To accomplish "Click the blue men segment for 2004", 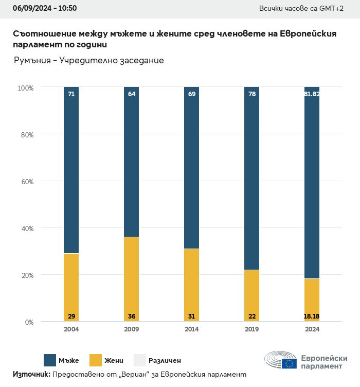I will tap(71, 170).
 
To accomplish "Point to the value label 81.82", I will tap(312, 94).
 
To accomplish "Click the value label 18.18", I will tap(312, 316).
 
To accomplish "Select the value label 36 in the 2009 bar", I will tap(131, 316).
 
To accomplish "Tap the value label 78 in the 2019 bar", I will tap(251, 94).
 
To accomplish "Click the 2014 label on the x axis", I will tap(191, 329).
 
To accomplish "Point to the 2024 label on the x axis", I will tap(312, 329).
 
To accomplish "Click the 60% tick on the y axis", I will tap(26, 182).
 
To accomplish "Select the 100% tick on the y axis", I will tap(25, 88).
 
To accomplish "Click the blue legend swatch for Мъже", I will tap(50, 360).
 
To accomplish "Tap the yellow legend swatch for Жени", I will tap(96, 360).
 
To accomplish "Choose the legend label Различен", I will tap(165, 360).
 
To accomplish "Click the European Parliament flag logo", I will tap(289, 363).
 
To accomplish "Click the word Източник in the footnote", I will tap(31, 375).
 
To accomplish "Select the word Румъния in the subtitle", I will tap(31, 61).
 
